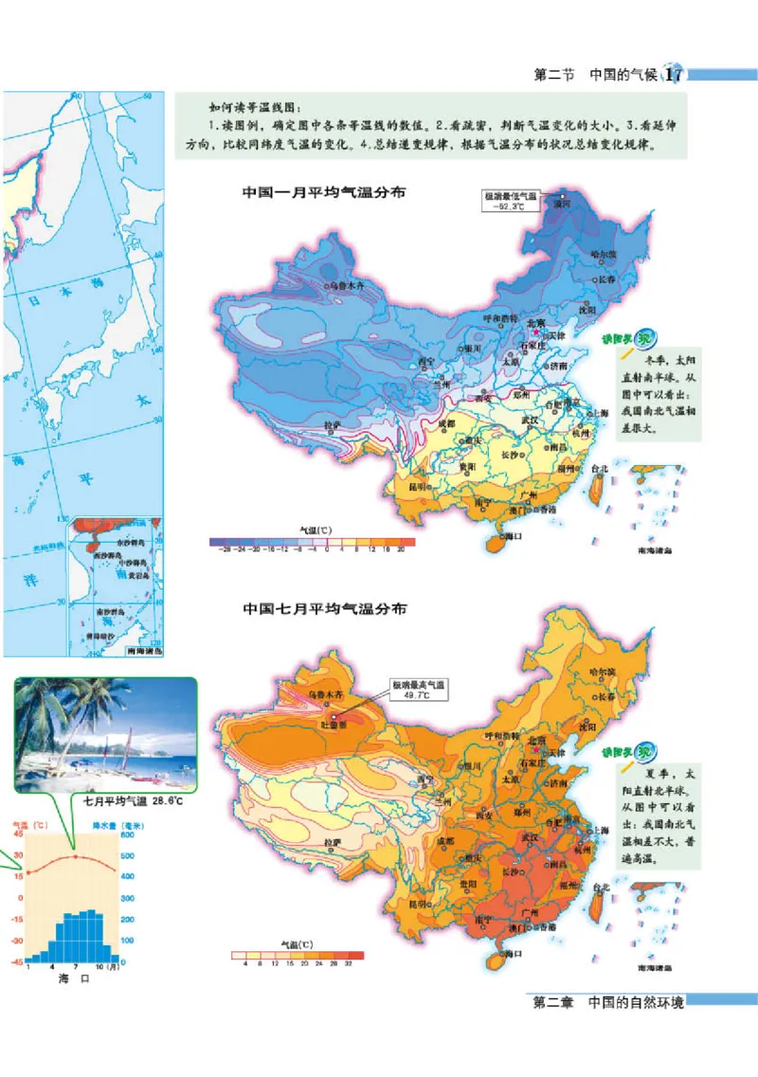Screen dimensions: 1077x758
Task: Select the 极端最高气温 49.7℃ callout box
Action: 418,690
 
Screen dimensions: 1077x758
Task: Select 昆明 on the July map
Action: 418,905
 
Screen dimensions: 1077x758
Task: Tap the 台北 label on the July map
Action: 599,888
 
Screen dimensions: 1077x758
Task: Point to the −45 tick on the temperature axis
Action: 18,961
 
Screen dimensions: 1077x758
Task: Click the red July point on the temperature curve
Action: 76,856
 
